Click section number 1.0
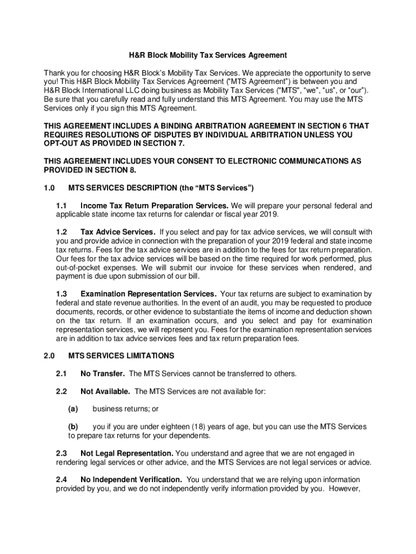pos(50,188)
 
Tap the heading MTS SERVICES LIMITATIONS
pos(122,356)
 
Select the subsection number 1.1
pos(61,206)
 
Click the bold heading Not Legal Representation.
pos(127,453)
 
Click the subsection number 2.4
pos(61,479)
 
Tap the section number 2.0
pos(50,356)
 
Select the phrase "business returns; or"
pos(125,409)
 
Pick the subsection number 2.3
pos(61,453)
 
